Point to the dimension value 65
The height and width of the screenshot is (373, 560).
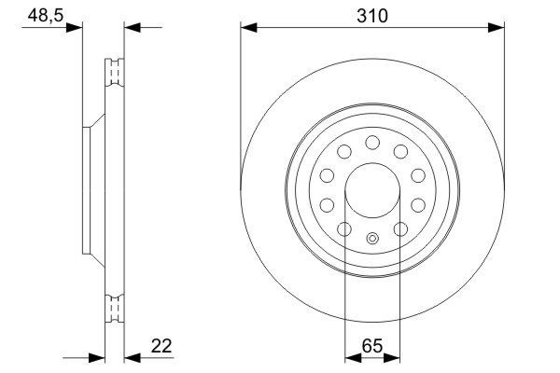pos(372,346)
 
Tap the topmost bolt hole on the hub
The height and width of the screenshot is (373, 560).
pos(372,142)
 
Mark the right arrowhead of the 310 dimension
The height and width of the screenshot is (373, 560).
pos(498,27)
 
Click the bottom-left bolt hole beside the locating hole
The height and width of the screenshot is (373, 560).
pos(343,229)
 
